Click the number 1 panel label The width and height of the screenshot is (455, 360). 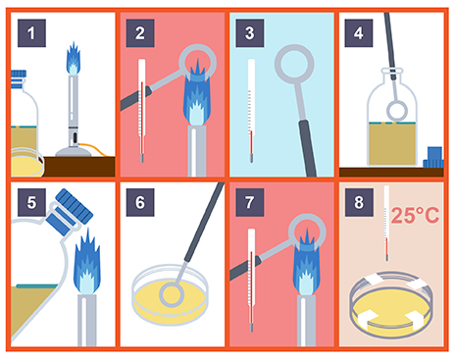[31, 33]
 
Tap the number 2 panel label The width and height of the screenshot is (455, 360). [140, 33]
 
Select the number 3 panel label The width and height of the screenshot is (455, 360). [250, 33]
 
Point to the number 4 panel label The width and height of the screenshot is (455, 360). [359, 33]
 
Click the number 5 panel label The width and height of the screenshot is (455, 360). [31, 202]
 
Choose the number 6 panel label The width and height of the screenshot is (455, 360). [140, 202]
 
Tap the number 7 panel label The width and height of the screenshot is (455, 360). [250, 202]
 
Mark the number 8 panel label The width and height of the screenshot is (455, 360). [359, 202]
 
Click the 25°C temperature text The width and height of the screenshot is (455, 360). [415, 215]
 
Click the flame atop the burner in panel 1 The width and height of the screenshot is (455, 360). [74, 59]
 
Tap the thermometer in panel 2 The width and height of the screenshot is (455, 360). [141, 110]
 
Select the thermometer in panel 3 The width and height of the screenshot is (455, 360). [251, 110]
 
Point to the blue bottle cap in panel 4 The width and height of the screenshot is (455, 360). [433, 158]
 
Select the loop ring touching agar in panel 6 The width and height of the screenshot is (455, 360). [162, 295]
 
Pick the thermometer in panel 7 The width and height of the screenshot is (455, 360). [251, 280]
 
